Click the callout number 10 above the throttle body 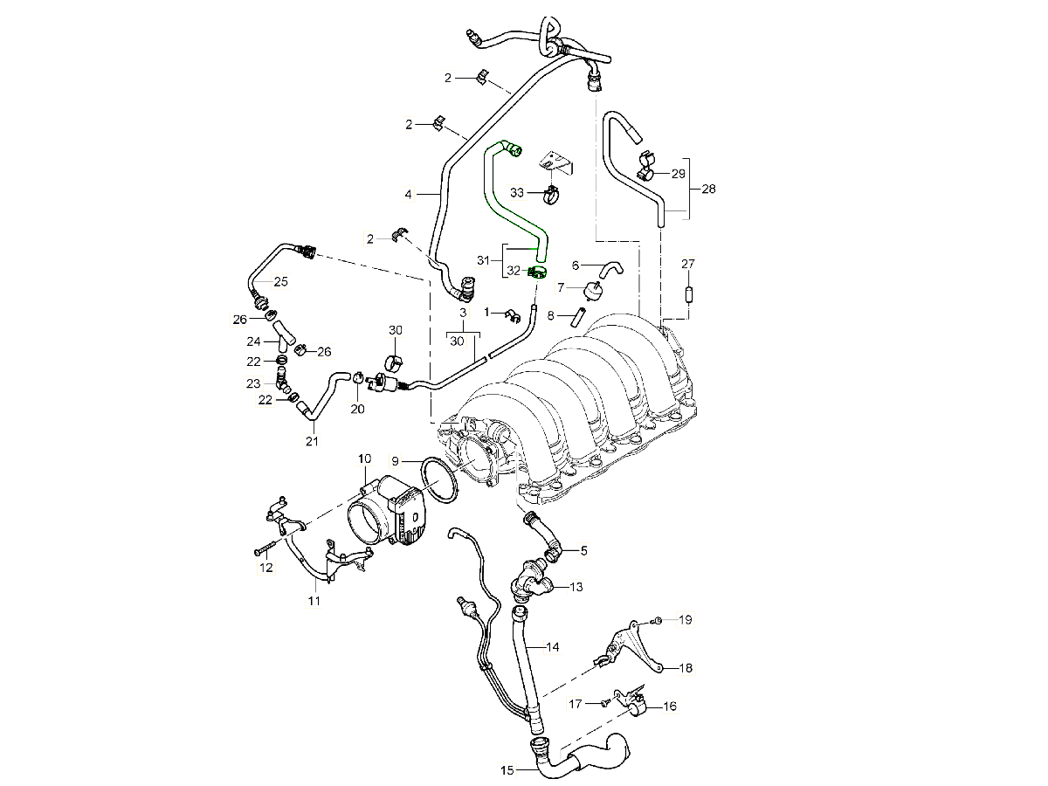tap(364, 458)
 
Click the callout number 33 tap(517, 191)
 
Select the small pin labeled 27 tap(688, 293)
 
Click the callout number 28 tap(708, 189)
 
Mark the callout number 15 tap(508, 770)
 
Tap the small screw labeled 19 tap(659, 620)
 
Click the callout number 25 tap(280, 281)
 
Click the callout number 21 tap(312, 441)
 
